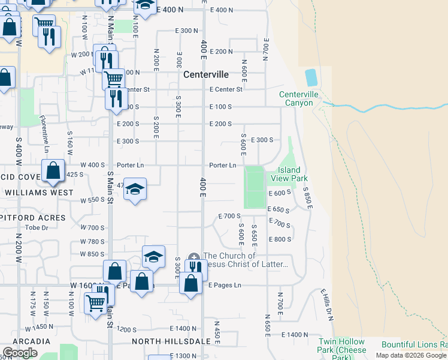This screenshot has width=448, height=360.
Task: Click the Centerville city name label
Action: (x=206, y=75)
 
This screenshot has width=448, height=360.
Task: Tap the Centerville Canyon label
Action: (x=296, y=98)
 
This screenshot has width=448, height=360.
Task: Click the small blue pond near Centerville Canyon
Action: (x=311, y=77)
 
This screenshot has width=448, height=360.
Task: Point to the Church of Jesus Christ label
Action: (x=246, y=260)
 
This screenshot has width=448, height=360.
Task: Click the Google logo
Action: (x=20, y=353)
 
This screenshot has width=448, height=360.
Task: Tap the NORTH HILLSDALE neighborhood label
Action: (x=171, y=341)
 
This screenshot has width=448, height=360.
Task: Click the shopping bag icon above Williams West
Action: (x=53, y=171)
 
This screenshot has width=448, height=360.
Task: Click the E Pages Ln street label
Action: (x=225, y=285)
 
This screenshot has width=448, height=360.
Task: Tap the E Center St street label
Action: (x=226, y=89)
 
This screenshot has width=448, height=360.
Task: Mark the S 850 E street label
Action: (x=307, y=199)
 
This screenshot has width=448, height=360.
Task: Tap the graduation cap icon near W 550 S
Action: (x=135, y=190)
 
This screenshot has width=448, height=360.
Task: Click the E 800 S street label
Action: (x=280, y=239)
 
